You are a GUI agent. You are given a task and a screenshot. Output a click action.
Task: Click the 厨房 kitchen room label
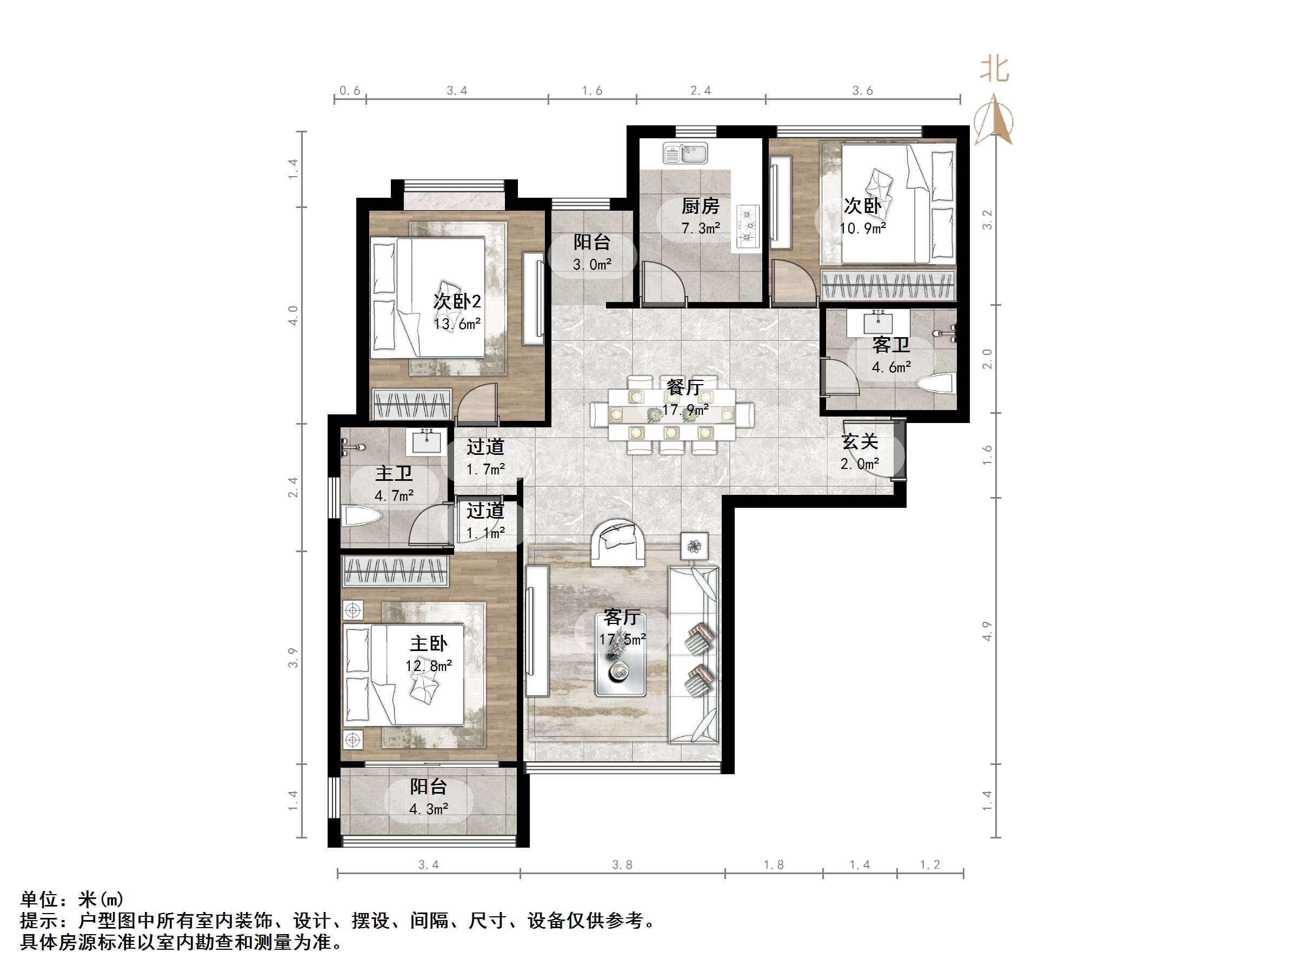[x=700, y=206]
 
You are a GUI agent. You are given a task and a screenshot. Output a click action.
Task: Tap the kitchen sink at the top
[x=685, y=153]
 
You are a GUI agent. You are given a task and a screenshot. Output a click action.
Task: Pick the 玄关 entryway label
[x=860, y=441]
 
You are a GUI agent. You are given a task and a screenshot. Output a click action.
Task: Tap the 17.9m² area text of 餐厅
[x=685, y=410]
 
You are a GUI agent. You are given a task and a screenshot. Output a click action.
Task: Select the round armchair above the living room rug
[x=618, y=541]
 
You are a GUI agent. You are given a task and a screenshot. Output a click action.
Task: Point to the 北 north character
[x=994, y=70]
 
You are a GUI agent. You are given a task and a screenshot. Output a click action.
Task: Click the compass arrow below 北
[x=994, y=120]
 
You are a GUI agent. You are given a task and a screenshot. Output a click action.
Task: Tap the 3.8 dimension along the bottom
[x=622, y=864]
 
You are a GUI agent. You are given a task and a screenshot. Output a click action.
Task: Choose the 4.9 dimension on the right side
[x=987, y=631]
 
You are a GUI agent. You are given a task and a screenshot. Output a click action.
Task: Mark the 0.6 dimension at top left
[x=350, y=90]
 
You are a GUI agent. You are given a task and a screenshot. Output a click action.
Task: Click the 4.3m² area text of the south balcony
[x=428, y=809]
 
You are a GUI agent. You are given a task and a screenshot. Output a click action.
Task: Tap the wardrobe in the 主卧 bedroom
[x=395, y=571]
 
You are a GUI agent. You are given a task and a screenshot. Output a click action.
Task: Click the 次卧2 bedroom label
[x=457, y=301]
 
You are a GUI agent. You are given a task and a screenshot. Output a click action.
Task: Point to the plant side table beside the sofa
[x=694, y=547]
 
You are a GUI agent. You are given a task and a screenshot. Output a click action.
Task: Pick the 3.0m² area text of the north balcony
[x=591, y=265]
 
